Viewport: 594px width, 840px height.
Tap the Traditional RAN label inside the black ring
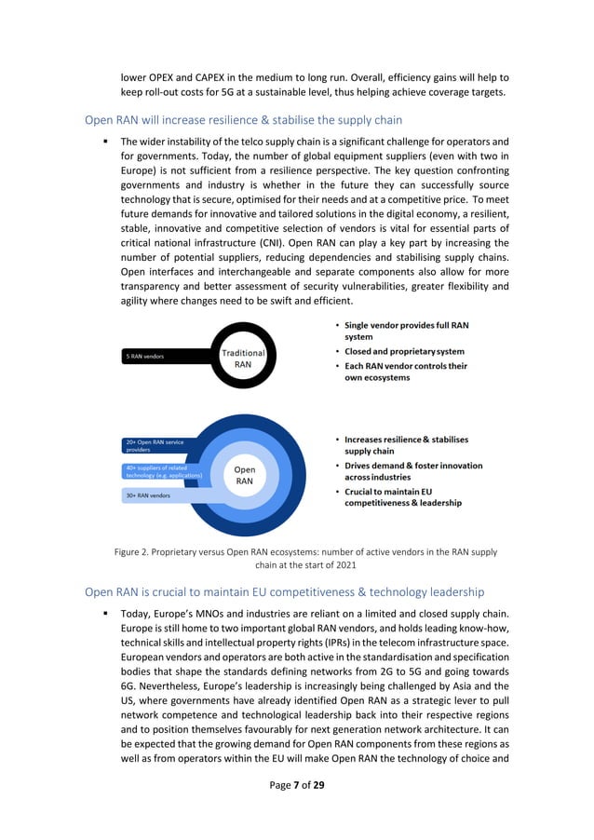click(x=243, y=359)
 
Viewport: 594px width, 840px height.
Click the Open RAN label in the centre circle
click(x=244, y=475)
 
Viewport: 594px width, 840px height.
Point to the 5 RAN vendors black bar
click(x=168, y=356)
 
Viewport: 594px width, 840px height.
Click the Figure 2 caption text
click(x=305, y=558)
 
